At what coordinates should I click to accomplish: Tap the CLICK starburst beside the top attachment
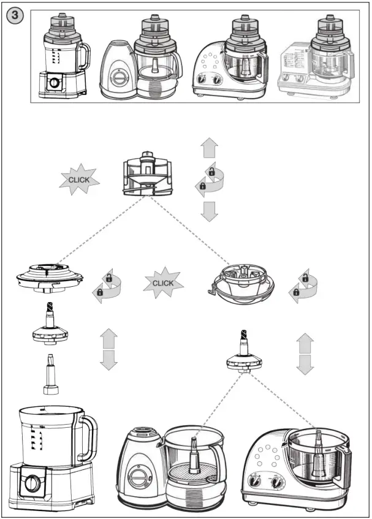tap(78, 180)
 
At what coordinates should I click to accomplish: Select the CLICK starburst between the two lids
tap(163, 283)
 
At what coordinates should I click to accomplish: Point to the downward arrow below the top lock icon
tap(209, 211)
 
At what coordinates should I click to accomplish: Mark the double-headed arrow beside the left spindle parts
tap(108, 349)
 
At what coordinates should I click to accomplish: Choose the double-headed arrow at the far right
tap(305, 354)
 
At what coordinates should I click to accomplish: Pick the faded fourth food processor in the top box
tap(315, 58)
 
